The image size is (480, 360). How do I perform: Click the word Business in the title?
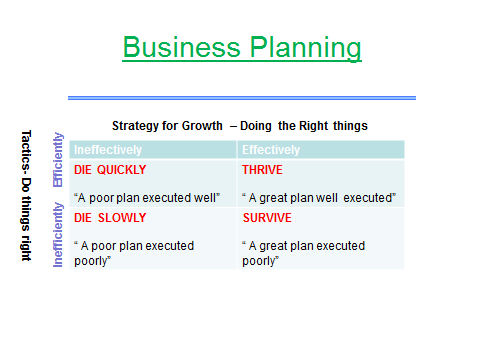(176, 47)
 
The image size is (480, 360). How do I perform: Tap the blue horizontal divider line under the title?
(241, 97)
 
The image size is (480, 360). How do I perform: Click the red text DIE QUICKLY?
(111, 171)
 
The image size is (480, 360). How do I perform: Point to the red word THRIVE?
(263, 171)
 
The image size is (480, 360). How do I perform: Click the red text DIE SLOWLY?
(110, 217)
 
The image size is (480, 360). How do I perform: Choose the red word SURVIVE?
(266, 217)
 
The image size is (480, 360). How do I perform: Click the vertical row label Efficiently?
(58, 159)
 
